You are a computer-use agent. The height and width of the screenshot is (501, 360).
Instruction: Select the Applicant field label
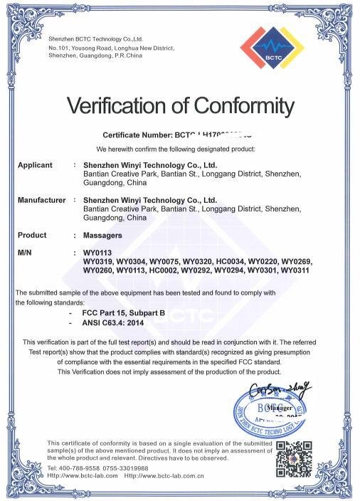pyautogui.click(x=35, y=165)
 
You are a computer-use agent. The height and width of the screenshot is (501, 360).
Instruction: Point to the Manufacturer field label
pyautogui.click(x=42, y=200)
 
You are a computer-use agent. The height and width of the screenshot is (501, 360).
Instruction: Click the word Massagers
pyautogui.click(x=102, y=235)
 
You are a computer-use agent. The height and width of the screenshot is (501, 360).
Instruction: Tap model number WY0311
pyautogui.click(x=295, y=270)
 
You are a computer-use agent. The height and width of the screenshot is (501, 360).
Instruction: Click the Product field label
pyautogui.click(x=32, y=235)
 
